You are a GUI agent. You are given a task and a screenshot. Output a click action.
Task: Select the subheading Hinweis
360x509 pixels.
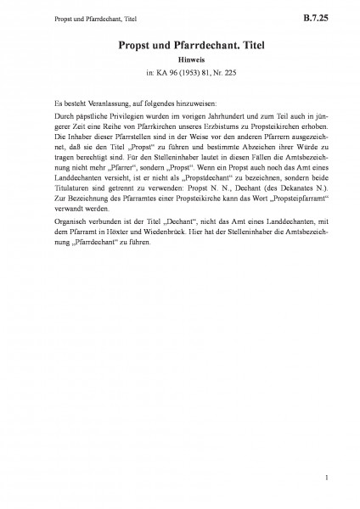click(180, 60)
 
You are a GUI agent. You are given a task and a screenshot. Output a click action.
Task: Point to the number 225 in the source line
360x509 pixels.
click(221, 73)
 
